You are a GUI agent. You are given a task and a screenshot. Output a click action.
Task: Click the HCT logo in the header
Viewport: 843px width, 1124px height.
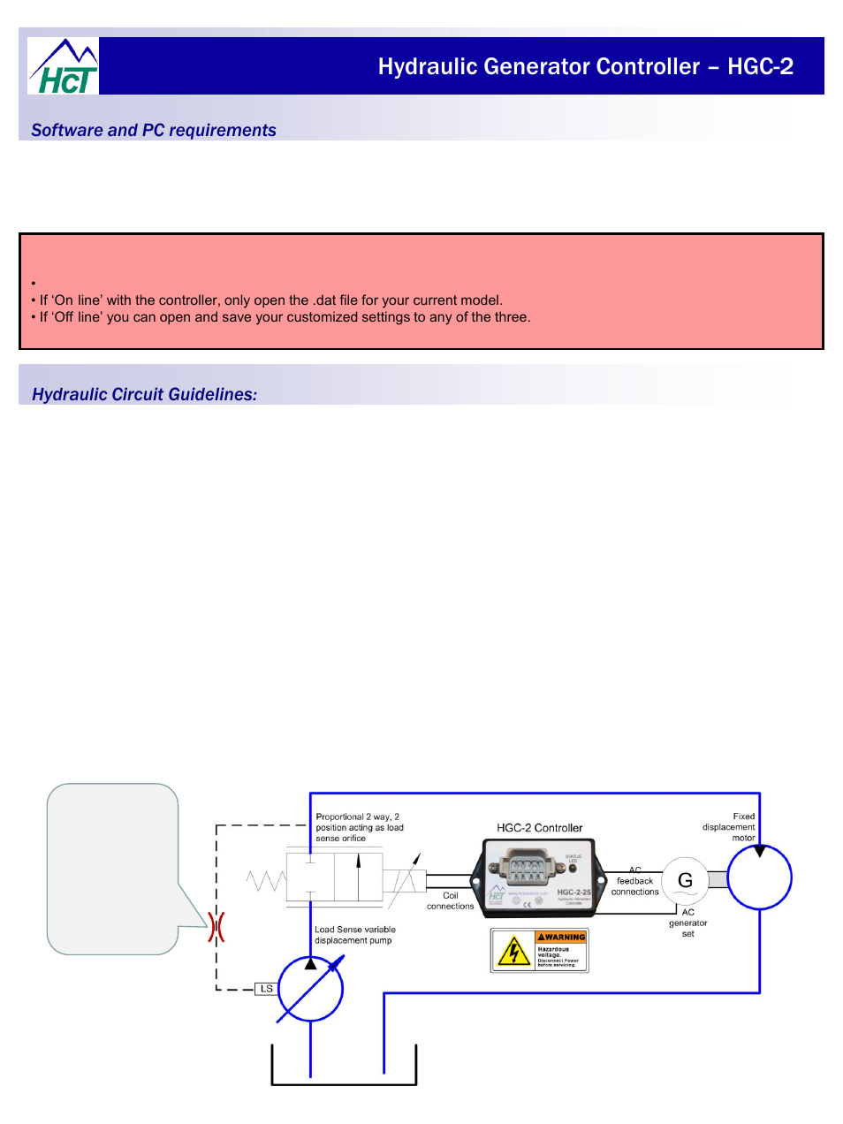coord(64,67)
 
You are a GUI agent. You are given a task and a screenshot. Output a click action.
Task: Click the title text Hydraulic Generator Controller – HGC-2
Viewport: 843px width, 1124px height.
coord(585,67)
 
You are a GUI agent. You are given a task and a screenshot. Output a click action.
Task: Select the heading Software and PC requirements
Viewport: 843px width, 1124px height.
coord(154,131)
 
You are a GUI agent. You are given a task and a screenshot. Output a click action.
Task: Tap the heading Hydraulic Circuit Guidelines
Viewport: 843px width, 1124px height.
coord(144,395)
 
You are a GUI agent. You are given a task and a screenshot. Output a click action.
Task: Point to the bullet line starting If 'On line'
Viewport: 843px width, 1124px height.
coord(270,300)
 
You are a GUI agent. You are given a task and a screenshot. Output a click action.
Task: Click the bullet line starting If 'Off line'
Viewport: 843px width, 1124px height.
coord(285,317)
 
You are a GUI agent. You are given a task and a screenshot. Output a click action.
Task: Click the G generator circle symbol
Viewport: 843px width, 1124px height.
coord(685,880)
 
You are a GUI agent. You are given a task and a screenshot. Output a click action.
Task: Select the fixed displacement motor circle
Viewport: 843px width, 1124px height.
coord(759,877)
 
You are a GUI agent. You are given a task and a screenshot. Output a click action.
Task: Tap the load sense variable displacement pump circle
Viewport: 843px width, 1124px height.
coord(310,989)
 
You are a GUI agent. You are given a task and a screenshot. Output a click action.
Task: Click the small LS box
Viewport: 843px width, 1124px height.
coord(266,989)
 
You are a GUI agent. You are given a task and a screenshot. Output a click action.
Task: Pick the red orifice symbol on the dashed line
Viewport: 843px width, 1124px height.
coord(216,927)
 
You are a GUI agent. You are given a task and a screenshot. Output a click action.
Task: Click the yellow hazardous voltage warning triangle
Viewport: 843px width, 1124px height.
coord(513,952)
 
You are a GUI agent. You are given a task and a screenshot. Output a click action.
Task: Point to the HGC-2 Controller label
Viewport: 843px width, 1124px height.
coord(539,828)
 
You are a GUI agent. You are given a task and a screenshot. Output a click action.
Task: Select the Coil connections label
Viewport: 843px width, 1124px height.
coord(450,900)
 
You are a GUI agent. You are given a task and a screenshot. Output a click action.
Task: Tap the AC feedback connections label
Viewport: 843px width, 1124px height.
coord(634,881)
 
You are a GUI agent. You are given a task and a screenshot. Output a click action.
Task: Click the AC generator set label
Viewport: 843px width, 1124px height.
coord(687,923)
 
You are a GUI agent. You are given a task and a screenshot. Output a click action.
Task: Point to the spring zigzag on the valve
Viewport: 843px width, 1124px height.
coord(265,880)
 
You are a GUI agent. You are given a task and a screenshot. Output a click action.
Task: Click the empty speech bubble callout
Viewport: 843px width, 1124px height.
coord(112,868)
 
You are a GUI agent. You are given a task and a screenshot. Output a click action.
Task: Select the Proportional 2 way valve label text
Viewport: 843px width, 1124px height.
coord(359,827)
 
